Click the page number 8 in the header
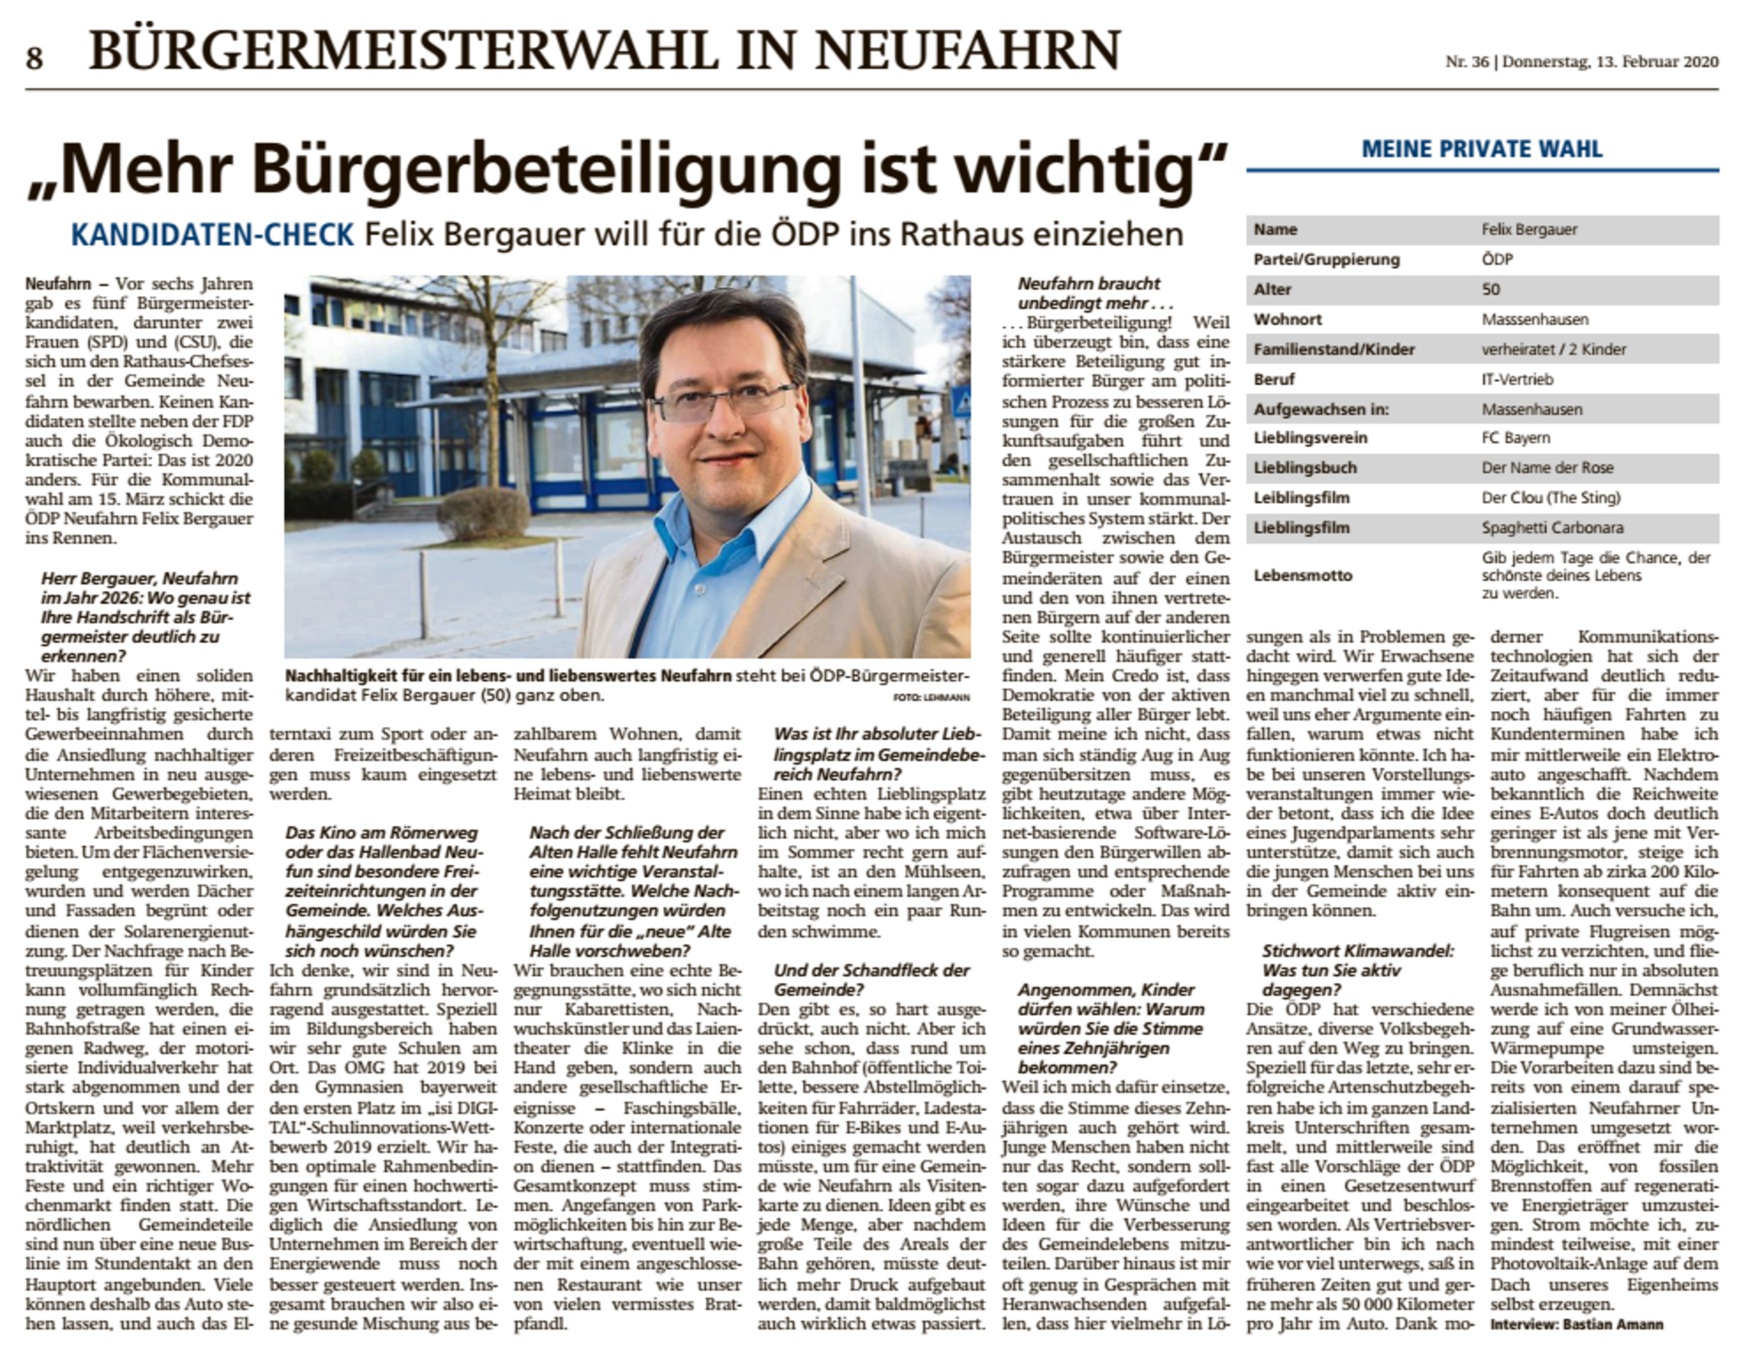34,58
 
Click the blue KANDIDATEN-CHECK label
212,235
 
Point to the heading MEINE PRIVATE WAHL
1481,149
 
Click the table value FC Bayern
1516,438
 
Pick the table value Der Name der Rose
1546,468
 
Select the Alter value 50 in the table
1491,290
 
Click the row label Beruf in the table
1274,380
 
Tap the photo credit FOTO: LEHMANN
930,698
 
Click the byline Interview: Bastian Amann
1576,1324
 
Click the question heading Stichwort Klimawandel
1357,951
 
